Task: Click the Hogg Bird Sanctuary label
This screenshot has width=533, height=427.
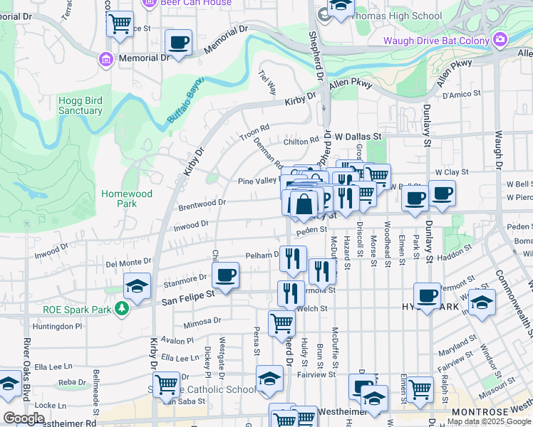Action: coord(80,105)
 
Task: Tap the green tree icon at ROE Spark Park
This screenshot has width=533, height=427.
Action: coord(123,309)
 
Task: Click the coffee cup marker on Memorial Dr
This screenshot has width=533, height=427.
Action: coord(178,43)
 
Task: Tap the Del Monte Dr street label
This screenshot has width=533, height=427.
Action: coord(129,263)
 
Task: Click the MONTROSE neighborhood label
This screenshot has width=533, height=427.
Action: coord(478,412)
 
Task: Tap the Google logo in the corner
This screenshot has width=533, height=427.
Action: coord(24,418)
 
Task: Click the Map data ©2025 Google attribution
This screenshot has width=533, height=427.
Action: coord(489,422)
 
